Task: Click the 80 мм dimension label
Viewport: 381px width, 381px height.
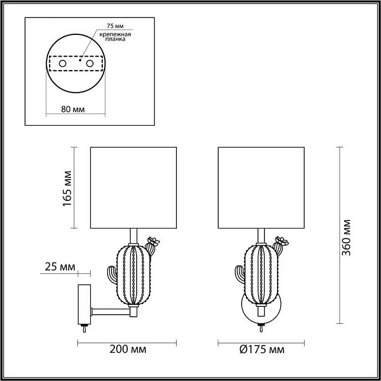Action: point(72,109)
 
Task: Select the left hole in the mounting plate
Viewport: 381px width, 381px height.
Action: point(62,64)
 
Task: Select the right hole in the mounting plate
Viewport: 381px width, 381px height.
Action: point(91,64)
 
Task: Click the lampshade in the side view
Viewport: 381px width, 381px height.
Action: point(133,187)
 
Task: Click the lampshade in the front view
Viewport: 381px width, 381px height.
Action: point(260,187)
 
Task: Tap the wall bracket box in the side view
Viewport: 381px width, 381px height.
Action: point(84,304)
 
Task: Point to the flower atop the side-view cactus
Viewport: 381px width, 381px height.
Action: point(153,241)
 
